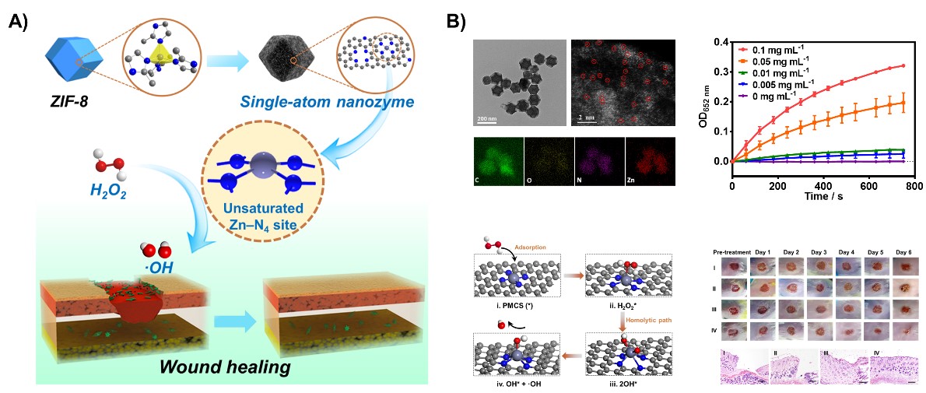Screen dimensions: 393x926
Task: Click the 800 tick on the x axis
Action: point(913,188)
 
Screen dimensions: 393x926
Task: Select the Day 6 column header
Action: point(904,252)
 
